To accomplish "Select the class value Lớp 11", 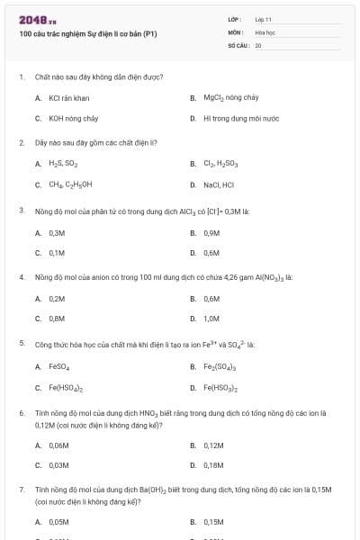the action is pos(264,19).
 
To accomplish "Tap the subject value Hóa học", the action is pos(265,31).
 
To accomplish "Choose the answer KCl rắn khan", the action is pos(69,97).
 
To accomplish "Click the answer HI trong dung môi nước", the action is pos(240,118).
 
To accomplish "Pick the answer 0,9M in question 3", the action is pos(211,232).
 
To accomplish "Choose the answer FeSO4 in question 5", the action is pos(59,366).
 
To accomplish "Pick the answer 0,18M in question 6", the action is pos(213,465).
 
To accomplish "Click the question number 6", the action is pos(22,412).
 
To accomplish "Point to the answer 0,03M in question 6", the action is pos(58,465).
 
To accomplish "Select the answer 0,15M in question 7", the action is pos(213,521).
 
